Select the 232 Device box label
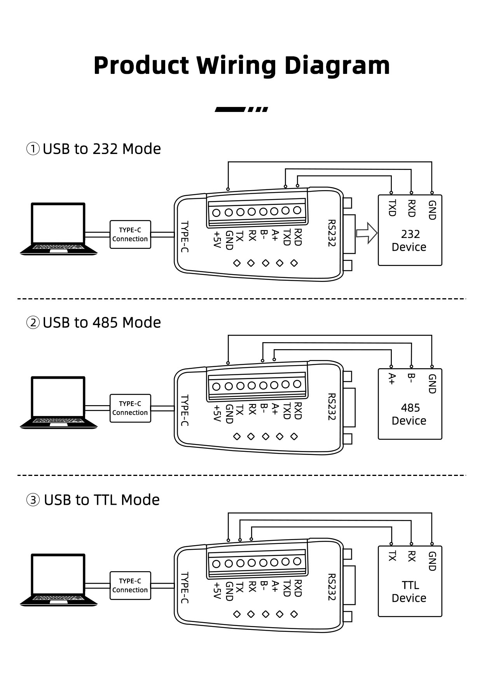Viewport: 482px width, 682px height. (409, 241)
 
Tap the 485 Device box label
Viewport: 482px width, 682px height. (409, 414)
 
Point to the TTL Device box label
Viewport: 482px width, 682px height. (409, 591)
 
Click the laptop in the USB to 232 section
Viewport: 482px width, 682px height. (58, 229)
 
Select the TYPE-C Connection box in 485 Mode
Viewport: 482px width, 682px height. (130, 408)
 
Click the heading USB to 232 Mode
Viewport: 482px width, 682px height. (101, 149)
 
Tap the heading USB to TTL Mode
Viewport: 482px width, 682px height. (101, 500)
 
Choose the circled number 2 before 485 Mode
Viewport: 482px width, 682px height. (33, 323)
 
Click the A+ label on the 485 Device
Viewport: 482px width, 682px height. (392, 379)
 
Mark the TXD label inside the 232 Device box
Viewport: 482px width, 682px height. (392, 208)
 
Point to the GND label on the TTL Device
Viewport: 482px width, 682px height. (432, 561)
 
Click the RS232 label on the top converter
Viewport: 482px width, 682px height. (331, 233)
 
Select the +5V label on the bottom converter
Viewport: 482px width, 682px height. (217, 590)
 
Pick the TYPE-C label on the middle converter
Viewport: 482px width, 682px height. (185, 411)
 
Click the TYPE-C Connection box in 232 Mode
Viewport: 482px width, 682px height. (130, 234)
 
